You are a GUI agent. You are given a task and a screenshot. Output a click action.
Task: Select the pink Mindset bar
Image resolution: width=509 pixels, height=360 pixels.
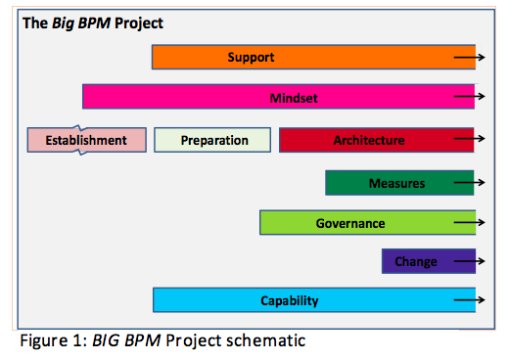(x=278, y=97)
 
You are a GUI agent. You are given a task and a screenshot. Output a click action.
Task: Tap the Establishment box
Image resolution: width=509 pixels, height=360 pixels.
(x=87, y=140)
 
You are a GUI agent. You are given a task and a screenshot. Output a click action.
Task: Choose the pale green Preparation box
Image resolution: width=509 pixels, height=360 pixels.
(x=214, y=140)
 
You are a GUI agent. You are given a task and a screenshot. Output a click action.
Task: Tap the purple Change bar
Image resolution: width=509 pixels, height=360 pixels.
(x=416, y=261)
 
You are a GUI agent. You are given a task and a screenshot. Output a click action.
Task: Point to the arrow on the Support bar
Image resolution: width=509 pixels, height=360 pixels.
(x=469, y=58)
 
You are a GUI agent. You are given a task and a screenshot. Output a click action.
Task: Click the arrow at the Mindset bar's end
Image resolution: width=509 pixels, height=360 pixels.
(x=469, y=98)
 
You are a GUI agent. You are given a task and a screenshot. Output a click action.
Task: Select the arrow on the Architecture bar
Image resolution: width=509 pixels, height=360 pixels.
(x=469, y=141)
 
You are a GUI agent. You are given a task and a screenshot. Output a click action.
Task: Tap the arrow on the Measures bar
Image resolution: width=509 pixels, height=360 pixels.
(x=469, y=183)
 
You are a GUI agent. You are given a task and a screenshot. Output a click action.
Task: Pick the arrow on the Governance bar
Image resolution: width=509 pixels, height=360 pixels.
(x=469, y=223)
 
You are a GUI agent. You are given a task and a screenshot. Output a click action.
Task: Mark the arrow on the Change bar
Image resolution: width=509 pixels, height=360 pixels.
(x=469, y=262)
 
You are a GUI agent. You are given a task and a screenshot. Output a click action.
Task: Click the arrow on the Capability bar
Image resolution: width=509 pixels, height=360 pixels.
(x=469, y=301)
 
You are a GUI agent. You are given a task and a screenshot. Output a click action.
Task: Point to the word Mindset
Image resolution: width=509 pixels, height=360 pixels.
(x=294, y=98)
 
